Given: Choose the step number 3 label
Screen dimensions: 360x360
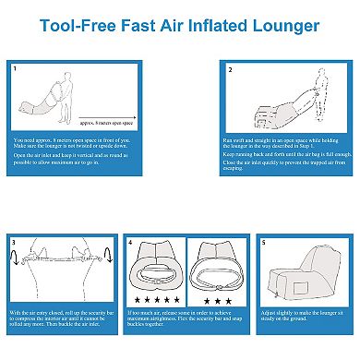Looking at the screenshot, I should click(x=13, y=242).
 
